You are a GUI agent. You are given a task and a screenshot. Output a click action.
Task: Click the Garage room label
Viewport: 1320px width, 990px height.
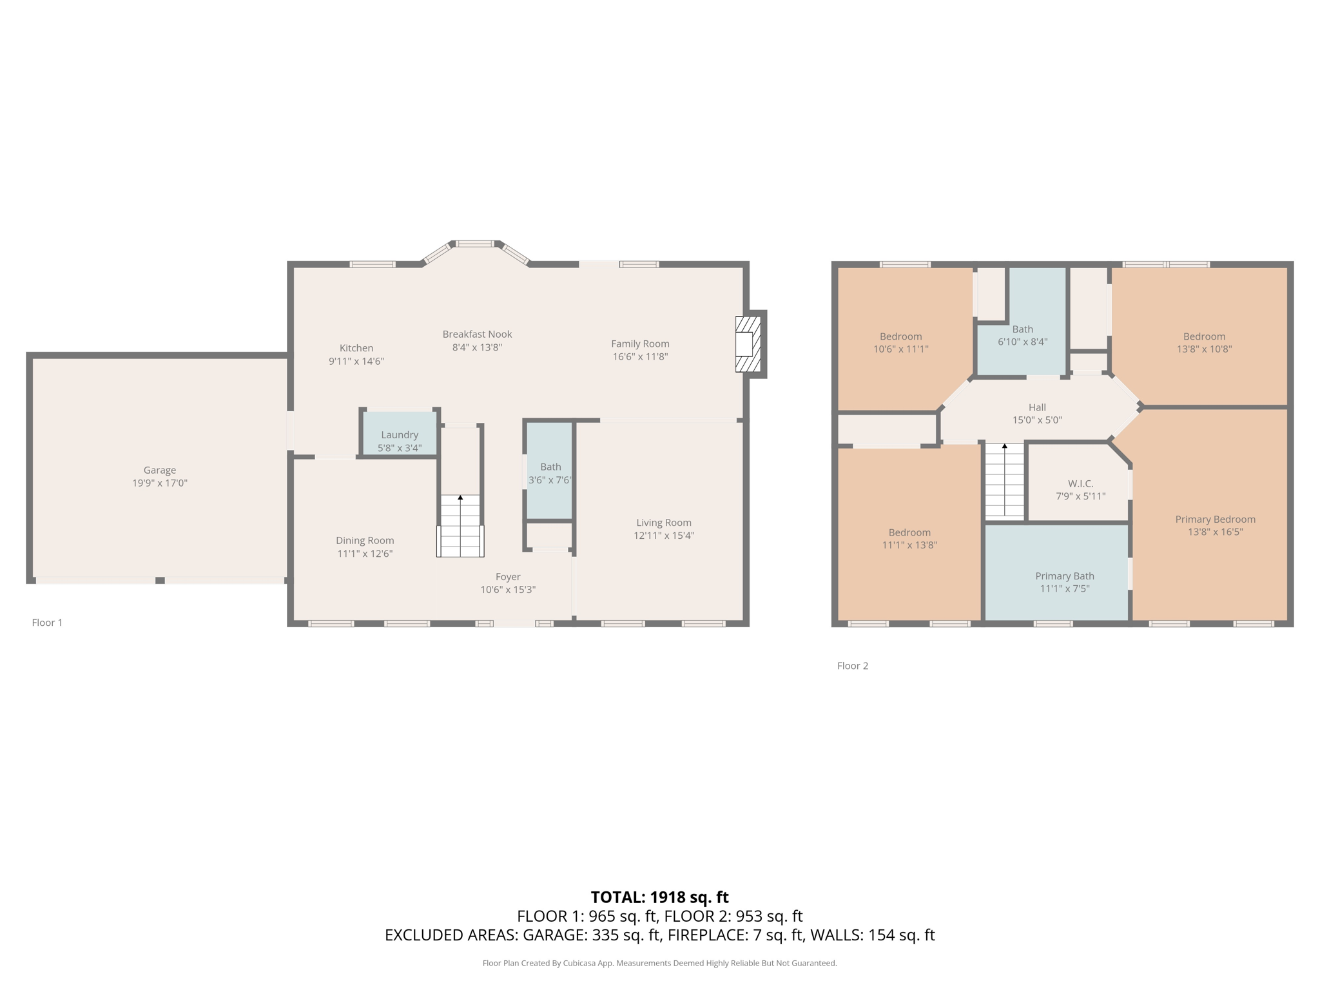click(x=159, y=470)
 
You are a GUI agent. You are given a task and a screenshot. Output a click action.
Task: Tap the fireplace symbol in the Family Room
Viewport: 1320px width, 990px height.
click(x=748, y=344)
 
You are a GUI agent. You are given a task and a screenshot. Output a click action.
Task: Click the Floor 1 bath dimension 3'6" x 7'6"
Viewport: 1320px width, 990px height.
click(x=550, y=480)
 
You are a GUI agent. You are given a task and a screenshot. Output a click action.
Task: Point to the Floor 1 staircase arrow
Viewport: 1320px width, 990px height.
click(x=460, y=498)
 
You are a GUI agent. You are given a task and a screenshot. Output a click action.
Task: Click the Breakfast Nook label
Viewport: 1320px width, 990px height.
click(x=477, y=334)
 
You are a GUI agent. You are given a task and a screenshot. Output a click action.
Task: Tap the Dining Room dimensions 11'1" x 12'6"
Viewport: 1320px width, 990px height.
click(x=365, y=554)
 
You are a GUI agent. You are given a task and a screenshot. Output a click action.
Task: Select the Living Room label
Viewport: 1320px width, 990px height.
click(x=663, y=523)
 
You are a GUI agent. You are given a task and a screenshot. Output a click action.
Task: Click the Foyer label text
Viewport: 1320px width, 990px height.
click(x=508, y=577)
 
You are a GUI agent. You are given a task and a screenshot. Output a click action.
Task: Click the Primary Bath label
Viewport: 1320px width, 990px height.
click(x=1064, y=576)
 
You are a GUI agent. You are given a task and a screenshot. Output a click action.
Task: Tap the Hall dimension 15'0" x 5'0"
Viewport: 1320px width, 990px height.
click(x=1036, y=420)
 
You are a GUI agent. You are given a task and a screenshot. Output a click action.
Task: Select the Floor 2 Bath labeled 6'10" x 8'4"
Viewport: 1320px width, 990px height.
click(x=1022, y=335)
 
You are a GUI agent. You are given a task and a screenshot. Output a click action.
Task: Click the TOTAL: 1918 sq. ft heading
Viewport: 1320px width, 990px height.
click(x=659, y=897)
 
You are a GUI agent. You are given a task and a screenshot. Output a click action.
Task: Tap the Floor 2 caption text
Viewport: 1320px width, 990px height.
click(x=852, y=666)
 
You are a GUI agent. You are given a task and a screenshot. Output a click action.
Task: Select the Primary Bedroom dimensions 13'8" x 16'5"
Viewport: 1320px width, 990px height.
click(x=1215, y=532)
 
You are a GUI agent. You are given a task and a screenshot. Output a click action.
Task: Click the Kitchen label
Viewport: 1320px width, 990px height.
click(x=356, y=348)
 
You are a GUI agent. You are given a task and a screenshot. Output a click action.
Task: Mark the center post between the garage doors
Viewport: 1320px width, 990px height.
click(x=160, y=581)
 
